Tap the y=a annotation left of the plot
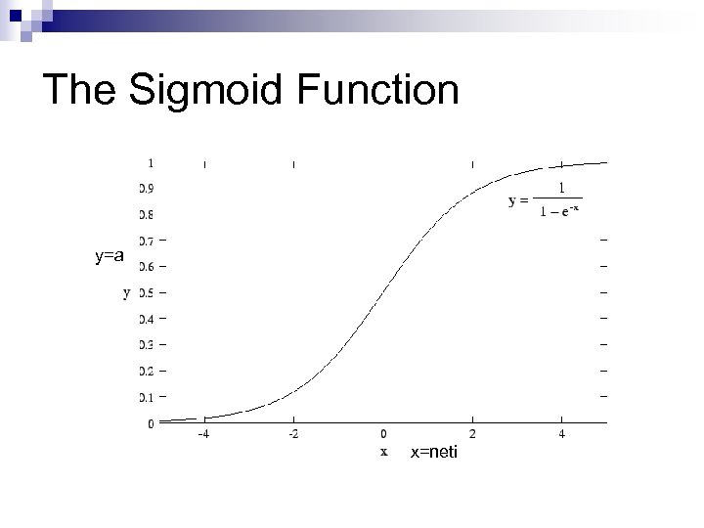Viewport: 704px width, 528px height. coord(110,256)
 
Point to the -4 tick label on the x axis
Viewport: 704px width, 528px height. coord(203,434)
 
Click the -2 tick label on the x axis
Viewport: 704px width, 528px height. coord(293,434)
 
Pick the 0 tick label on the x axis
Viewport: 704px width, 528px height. coord(384,434)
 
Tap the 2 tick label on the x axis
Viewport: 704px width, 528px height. coord(473,434)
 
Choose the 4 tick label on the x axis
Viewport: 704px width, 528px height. coord(562,434)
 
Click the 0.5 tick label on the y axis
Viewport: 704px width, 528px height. coord(147,292)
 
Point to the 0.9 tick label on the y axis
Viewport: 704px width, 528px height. coord(147,187)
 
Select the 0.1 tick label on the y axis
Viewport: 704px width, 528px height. coord(147,397)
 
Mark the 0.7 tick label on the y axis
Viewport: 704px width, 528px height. coord(147,240)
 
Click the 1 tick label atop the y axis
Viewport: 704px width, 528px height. coord(150,162)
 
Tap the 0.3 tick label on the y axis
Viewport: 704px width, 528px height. coord(147,344)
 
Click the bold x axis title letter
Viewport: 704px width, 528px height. coord(384,452)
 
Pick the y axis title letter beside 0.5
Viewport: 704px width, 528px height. coord(126,291)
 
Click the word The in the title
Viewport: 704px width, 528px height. coord(81,91)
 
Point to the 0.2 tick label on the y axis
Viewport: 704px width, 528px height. coord(147,371)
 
